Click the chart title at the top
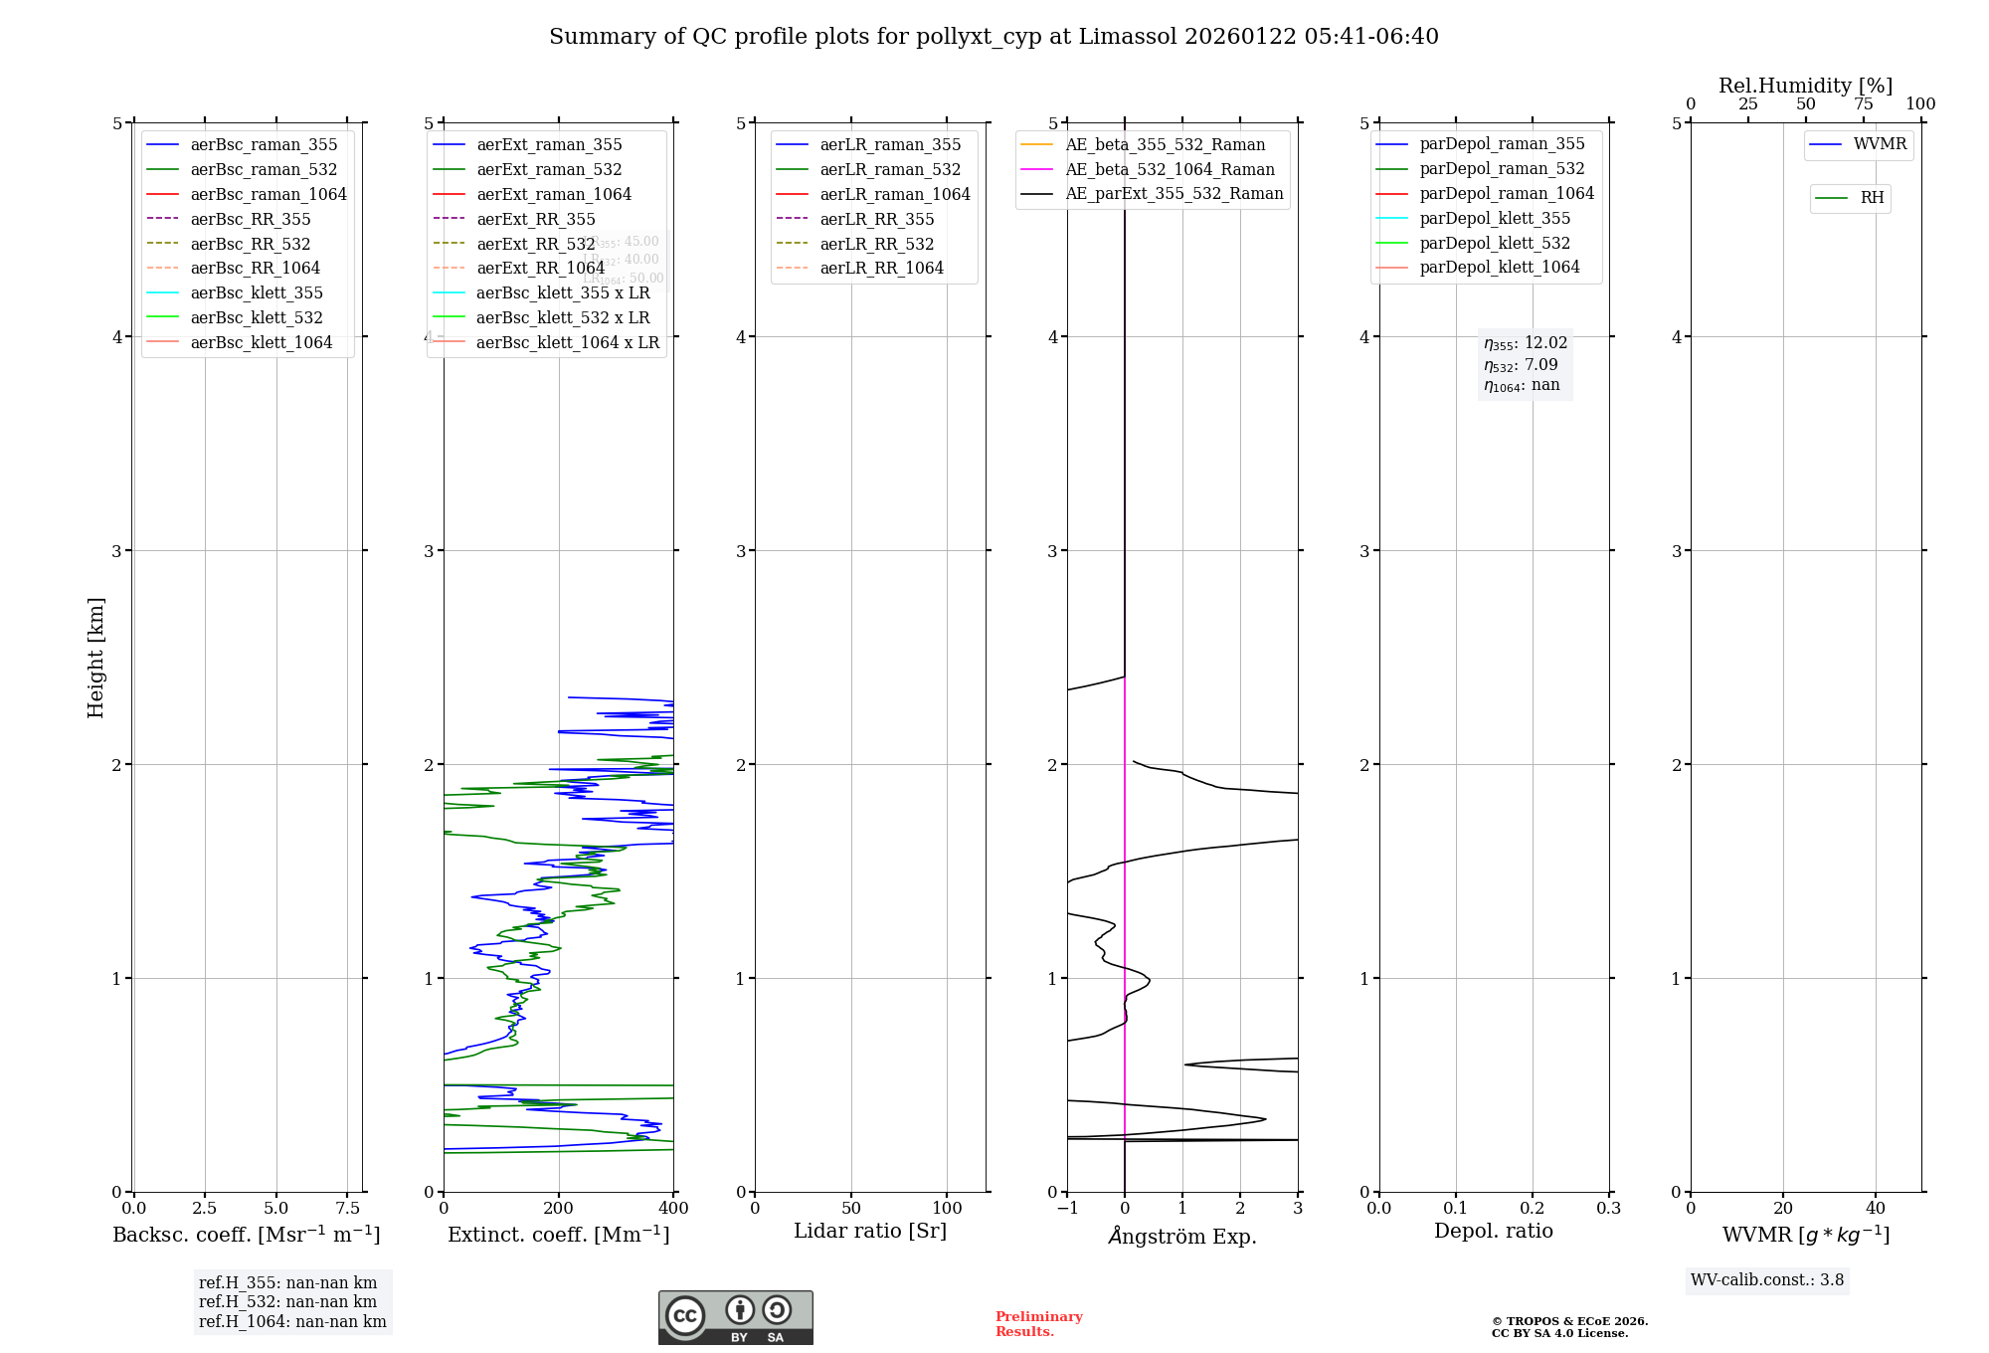coord(994,37)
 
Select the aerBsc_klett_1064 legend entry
coord(261,342)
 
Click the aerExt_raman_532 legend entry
coord(549,169)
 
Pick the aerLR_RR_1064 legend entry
coord(881,268)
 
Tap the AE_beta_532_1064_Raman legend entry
coord(1170,169)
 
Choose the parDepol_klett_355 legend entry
coord(1495,218)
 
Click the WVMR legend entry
coord(1880,144)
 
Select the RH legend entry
coord(1872,198)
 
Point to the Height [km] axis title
coord(95,657)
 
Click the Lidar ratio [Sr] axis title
coord(870,1231)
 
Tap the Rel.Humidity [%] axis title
coord(1805,86)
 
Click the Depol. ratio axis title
coord(1493,1231)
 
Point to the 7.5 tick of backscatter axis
coord(347,1208)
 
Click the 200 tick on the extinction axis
coord(559,1208)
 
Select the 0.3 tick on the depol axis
coord(1608,1208)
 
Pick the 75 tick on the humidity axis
coord(1863,104)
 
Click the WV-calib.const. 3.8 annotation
coord(1766,1280)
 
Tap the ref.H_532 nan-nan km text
coord(287,1302)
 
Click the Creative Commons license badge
coord(735,1317)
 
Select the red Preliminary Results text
coord(1038,1324)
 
